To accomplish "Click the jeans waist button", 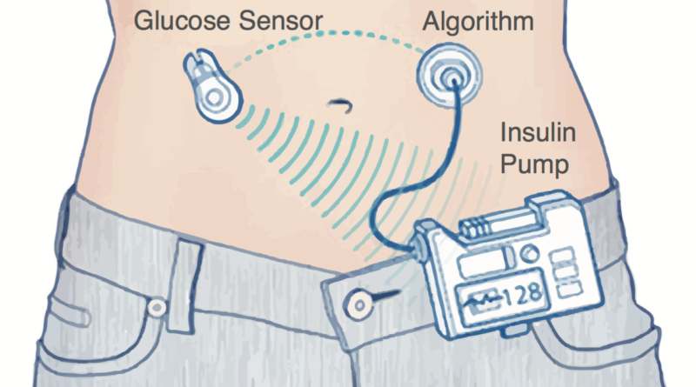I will point(358,304).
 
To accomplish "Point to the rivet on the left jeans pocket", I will point(157,307).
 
